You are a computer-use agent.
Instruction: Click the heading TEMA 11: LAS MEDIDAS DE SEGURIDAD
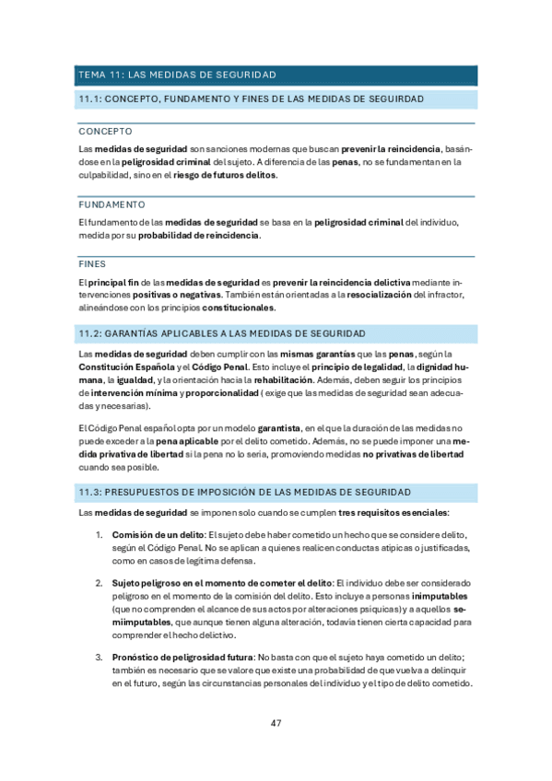pos(177,75)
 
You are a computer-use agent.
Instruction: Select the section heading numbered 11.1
pos(251,99)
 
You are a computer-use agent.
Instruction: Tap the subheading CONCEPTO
pos(106,132)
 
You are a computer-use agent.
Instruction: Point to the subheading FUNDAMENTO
pos(112,204)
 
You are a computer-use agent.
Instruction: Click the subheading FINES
pos(92,263)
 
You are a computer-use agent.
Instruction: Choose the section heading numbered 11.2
pos(223,332)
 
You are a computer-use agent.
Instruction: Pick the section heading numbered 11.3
pos(245,493)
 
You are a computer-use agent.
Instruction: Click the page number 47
pos(276,722)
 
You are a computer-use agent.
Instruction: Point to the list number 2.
pos(99,583)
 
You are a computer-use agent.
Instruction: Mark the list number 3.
pos(99,657)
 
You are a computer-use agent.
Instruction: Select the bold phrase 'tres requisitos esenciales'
pos(393,512)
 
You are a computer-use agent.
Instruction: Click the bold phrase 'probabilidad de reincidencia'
pos(199,235)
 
